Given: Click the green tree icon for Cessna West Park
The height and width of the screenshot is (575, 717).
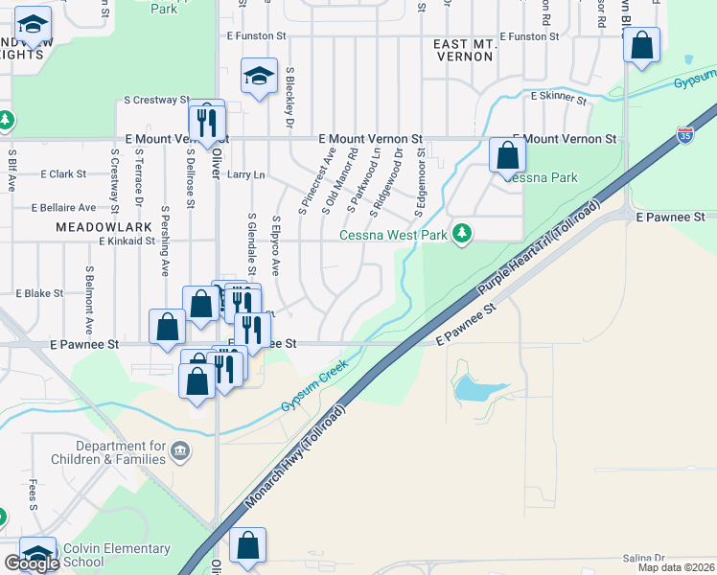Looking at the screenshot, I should pos(462,234).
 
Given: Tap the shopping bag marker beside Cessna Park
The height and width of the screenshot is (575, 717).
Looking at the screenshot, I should pos(507,154).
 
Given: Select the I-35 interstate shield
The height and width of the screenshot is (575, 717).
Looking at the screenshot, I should pos(684,136).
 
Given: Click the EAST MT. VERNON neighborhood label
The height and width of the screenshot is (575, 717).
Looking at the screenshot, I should pos(463,50).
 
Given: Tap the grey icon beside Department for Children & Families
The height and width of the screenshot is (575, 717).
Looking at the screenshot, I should pos(179,450).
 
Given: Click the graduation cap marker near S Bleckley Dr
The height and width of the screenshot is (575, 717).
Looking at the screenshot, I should pos(259,78).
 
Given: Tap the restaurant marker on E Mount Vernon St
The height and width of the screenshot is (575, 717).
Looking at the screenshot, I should pos(206,122).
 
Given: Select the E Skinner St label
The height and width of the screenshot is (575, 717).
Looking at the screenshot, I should pos(559,96).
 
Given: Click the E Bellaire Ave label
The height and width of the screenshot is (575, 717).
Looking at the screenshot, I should pos(63,207).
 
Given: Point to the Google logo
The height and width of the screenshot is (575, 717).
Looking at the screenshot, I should pos(31,563).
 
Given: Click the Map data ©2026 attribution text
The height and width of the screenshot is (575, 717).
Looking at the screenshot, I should pos(675,567).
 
